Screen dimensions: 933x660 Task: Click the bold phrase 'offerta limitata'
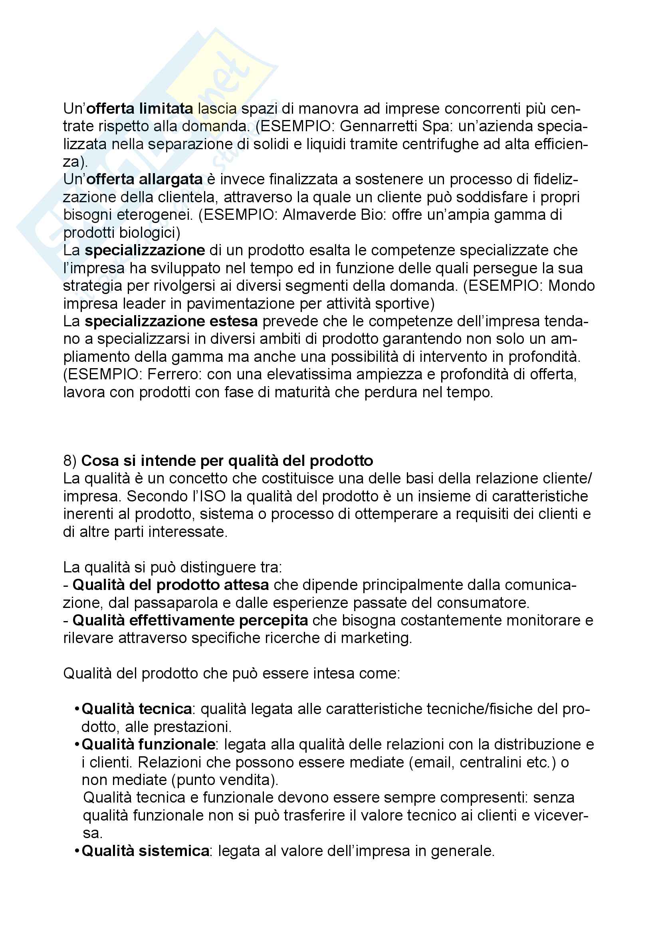pyautogui.click(x=140, y=109)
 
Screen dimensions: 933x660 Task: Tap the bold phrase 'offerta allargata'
pyautogui.click(x=145, y=179)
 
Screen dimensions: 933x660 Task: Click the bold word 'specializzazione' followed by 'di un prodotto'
pyautogui.click(x=145, y=251)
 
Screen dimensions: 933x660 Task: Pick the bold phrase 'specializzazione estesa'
pyautogui.click(x=171, y=322)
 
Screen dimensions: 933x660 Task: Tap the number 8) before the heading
pyautogui.click(x=70, y=461)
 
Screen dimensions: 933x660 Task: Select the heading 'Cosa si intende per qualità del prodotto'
pyautogui.click(x=227, y=461)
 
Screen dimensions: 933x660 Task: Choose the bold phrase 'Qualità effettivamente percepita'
pyautogui.click(x=190, y=621)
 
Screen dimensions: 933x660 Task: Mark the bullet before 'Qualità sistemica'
pyautogui.click(x=76, y=851)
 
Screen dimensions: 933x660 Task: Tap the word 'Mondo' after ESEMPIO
pyautogui.click(x=571, y=286)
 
